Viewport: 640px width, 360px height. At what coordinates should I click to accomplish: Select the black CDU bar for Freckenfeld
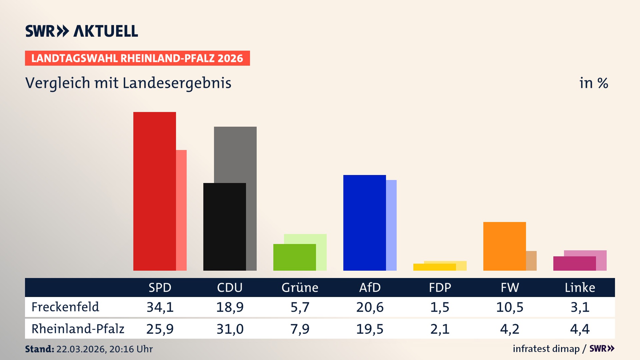pos(224,227)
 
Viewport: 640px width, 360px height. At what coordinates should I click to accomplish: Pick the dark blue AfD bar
pos(364,223)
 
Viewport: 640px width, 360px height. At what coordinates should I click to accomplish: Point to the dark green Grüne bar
pos(294,257)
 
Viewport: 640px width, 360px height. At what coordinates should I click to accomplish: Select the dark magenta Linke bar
pos(574,263)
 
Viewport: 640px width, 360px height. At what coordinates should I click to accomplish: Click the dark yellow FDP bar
pos(434,267)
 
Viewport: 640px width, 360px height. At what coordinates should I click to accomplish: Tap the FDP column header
pos(440,287)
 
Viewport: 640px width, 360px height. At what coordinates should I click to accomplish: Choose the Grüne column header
pos(300,287)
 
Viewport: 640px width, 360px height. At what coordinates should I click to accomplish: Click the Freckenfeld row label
pos(65,307)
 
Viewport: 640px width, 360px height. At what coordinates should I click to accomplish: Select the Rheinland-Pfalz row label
pos(78,329)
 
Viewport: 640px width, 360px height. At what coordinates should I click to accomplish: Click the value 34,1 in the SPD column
pos(160,307)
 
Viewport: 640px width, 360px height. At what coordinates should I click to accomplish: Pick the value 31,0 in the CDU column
pos(230,329)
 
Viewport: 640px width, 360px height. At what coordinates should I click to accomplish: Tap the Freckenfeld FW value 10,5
pos(510,307)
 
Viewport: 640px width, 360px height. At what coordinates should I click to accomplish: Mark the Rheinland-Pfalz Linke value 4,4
pos(580,329)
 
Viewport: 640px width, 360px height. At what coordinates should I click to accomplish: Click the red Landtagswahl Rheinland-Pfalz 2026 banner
pos(137,58)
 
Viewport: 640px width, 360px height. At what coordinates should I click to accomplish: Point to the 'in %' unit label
pos(594,83)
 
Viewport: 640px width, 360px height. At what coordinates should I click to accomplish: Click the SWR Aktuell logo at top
pos(82,31)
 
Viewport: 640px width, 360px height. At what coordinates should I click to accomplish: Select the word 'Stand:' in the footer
pos(39,349)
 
